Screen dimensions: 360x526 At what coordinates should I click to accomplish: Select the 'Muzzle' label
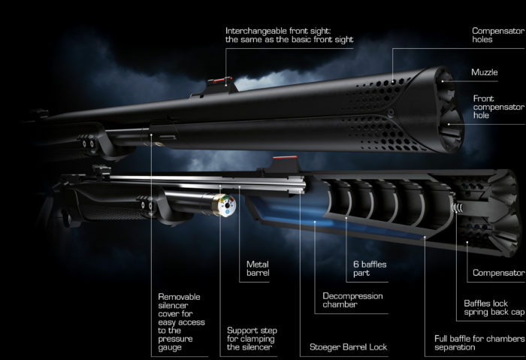click(485, 72)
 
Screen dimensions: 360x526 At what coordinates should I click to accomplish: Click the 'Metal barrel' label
click(258, 268)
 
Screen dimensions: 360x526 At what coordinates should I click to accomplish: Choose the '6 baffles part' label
click(369, 269)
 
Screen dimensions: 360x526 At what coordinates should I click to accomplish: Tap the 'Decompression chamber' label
click(352, 301)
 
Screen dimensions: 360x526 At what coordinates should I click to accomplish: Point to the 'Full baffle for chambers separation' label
click(479, 343)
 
